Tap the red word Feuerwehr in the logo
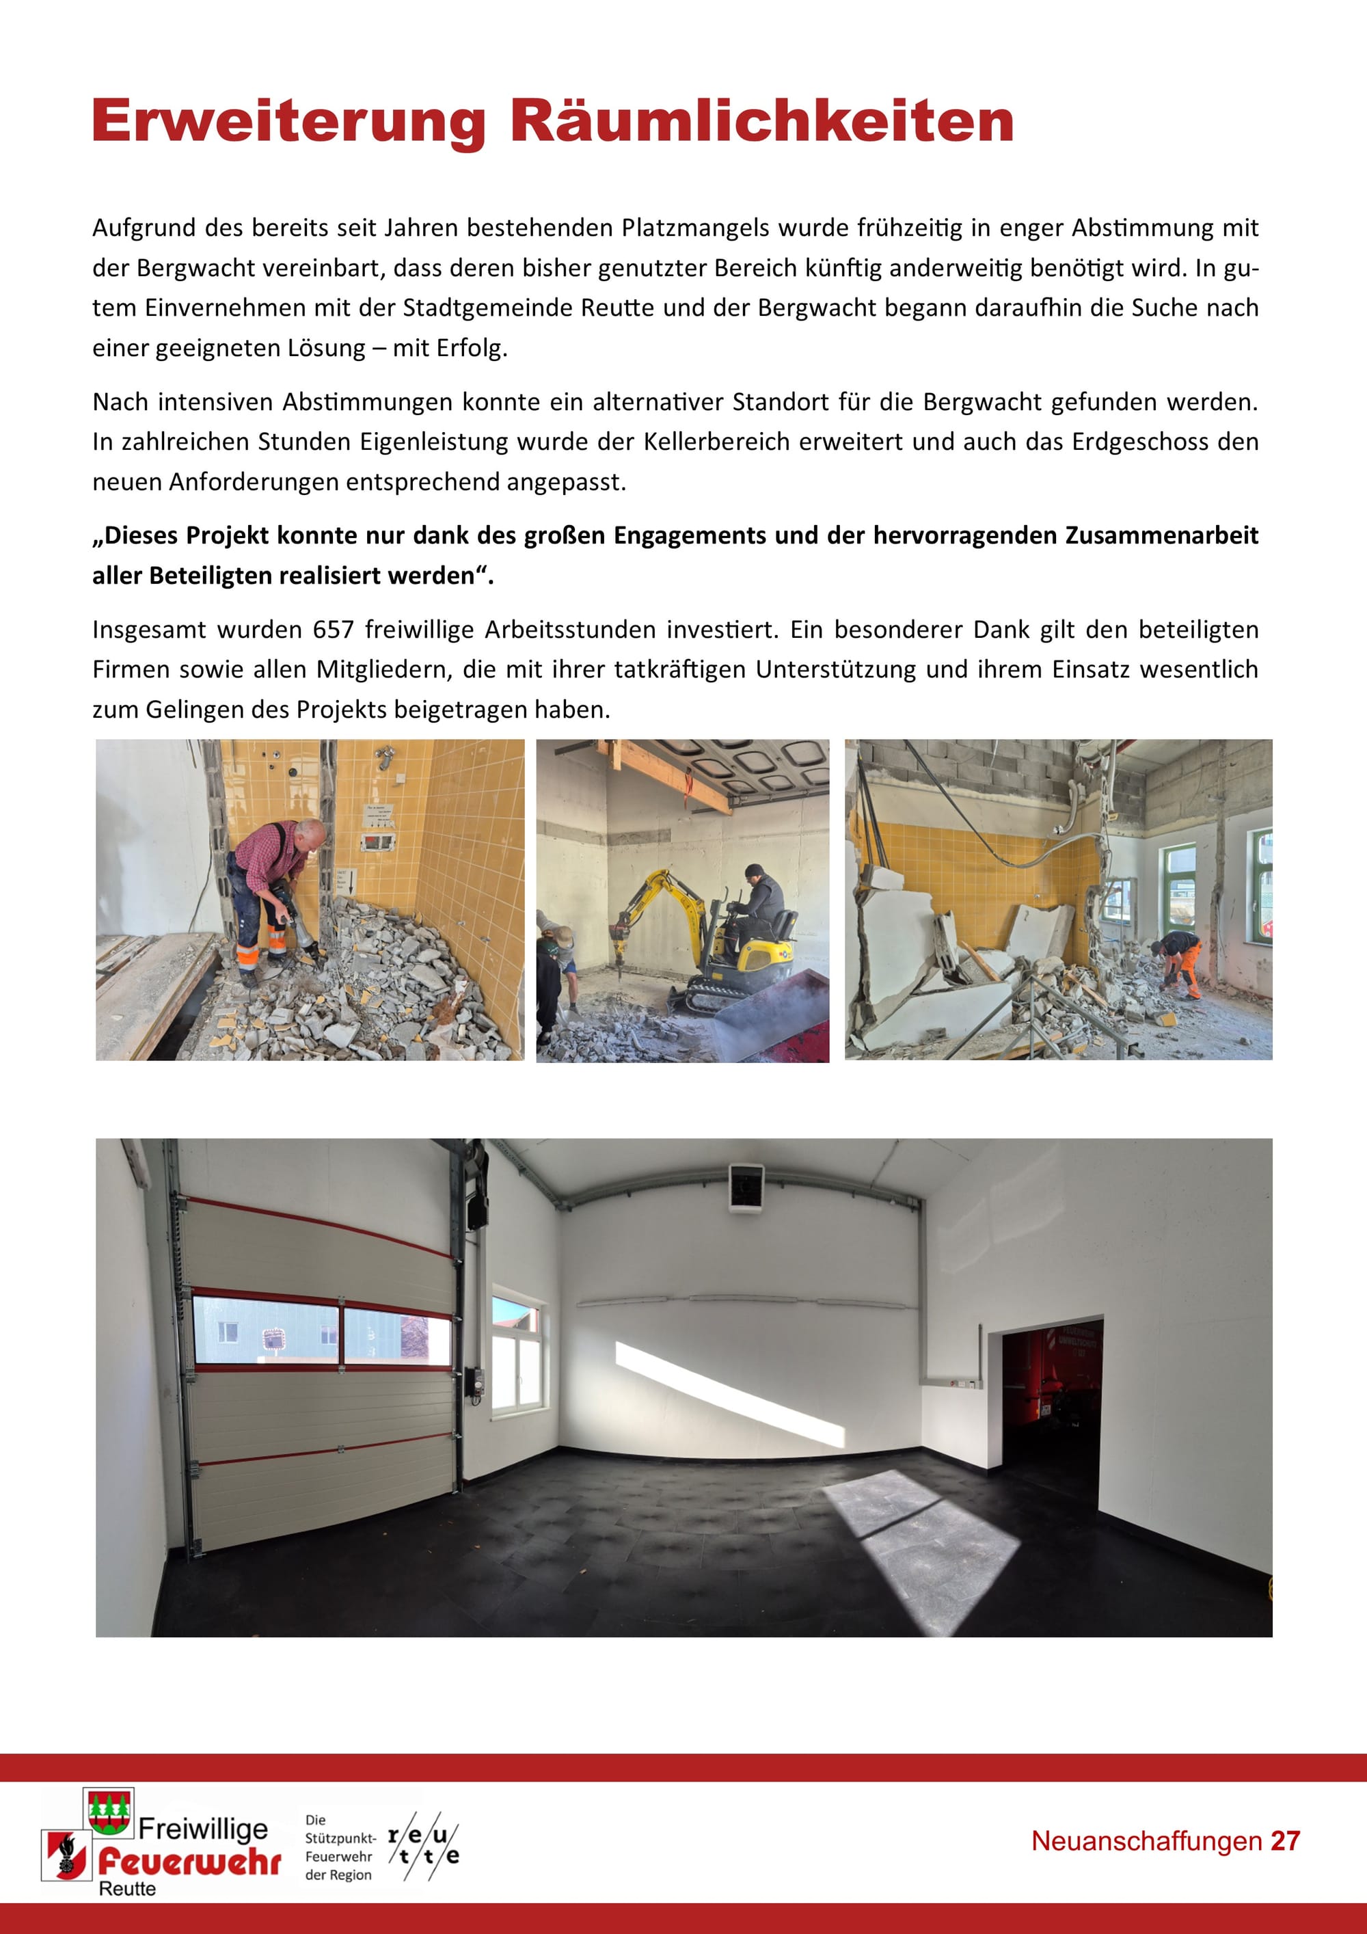point(189,1862)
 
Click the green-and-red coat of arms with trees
point(109,1810)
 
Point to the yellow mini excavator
point(707,944)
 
